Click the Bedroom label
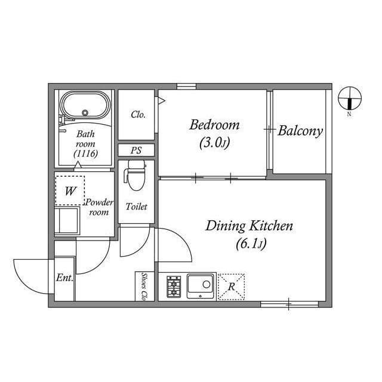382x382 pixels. pos(214,125)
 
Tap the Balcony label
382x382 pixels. pos(300,131)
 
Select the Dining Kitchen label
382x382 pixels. pos(249,226)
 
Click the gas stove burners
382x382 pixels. pos(174,286)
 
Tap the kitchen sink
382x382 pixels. pos(200,285)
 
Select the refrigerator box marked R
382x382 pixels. pos(231,285)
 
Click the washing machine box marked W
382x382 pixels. pos(70,191)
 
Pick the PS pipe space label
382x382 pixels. pos(137,150)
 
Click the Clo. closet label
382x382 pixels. pos(138,115)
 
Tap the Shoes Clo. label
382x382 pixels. pos(144,286)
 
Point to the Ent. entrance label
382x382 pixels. pos(64,278)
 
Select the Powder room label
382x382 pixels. pos(99,207)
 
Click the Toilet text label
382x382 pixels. pos(136,207)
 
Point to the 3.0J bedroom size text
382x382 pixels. pos(214,143)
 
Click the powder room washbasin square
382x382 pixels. pos(67,220)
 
